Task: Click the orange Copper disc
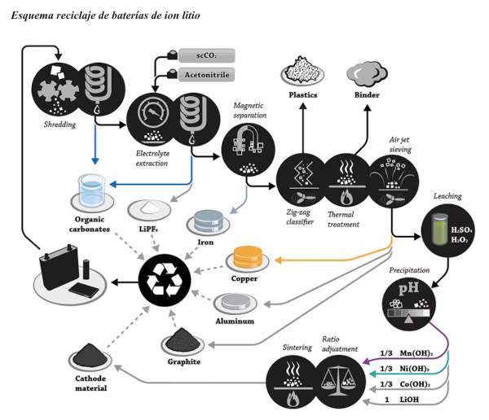tap(250, 257)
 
